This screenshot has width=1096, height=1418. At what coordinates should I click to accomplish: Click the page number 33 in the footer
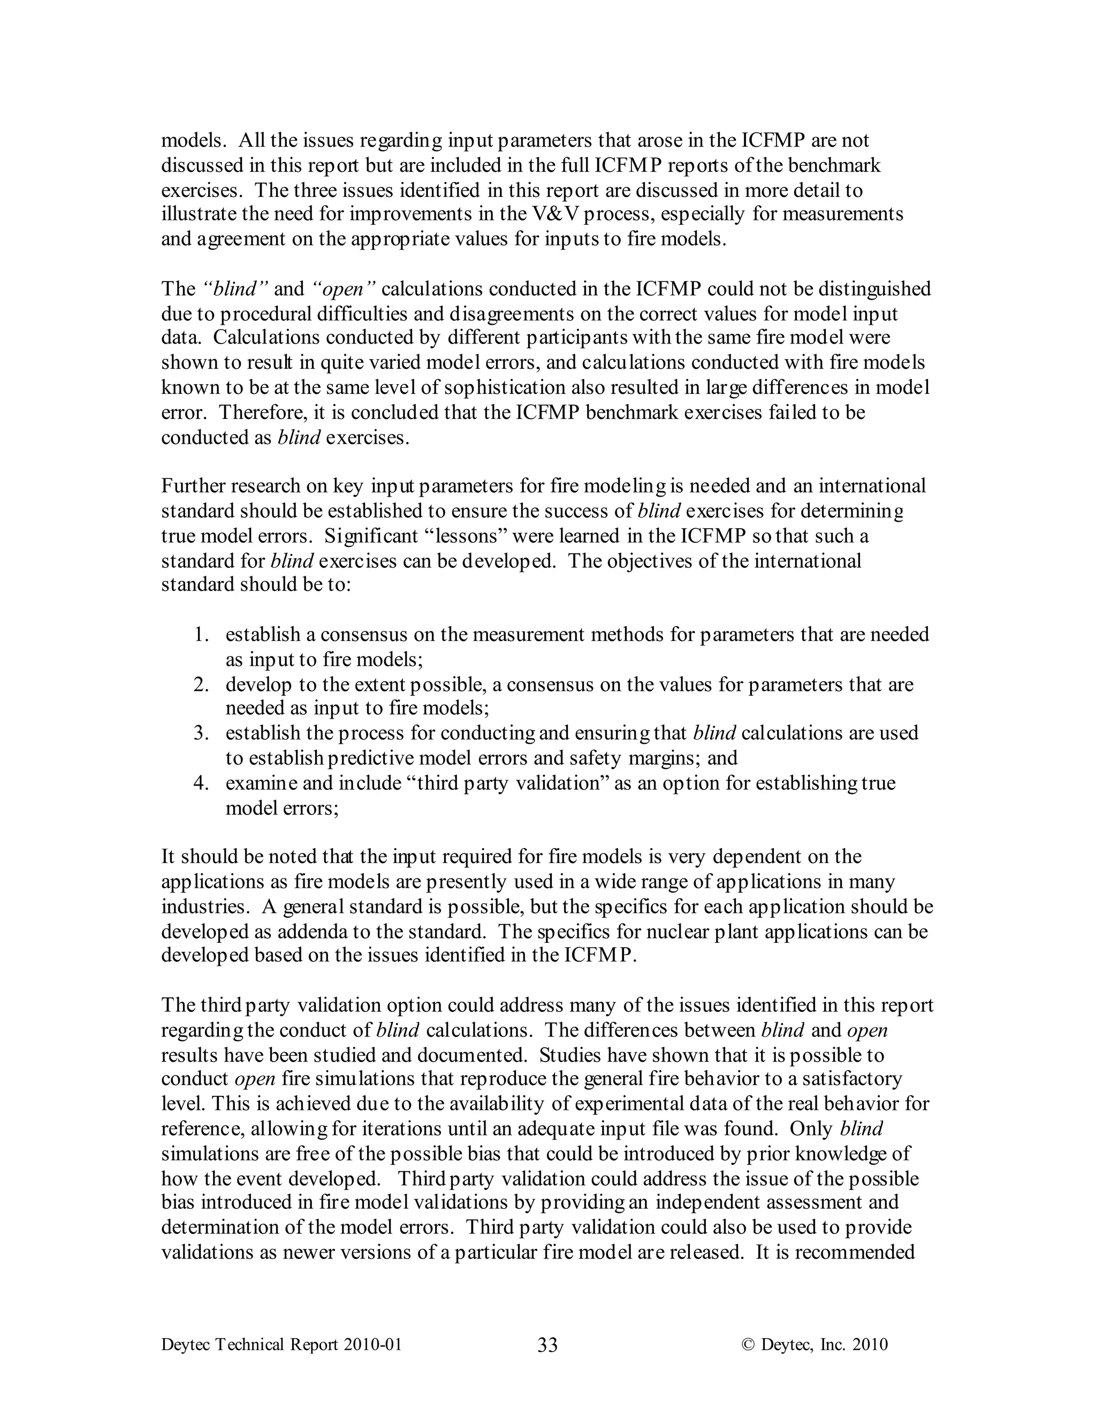tap(547, 1345)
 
